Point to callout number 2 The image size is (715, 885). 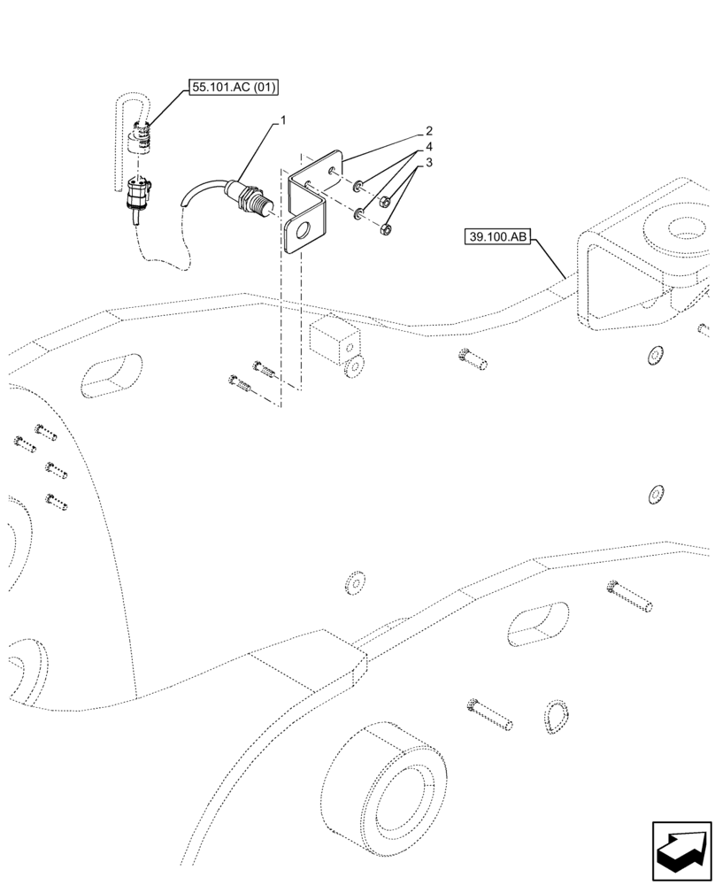[428, 130]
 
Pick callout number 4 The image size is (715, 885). [428, 146]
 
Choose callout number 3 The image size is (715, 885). [428, 163]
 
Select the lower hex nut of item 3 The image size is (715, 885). [386, 231]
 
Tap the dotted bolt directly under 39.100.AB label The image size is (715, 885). [473, 358]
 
